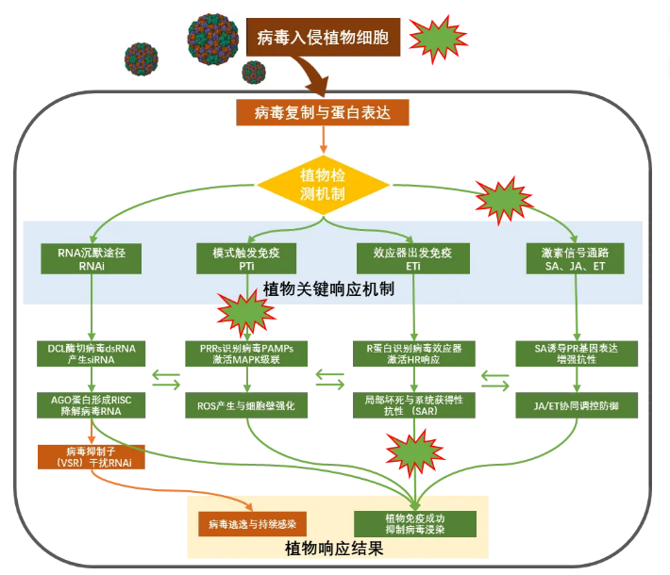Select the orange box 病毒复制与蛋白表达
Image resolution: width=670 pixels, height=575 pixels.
(324, 113)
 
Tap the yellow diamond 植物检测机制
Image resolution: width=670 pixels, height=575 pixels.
(324, 183)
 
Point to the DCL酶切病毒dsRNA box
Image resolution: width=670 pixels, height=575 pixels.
(92, 353)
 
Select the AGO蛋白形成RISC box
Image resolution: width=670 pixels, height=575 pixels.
(92, 404)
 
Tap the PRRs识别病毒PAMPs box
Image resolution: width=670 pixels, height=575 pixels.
(247, 353)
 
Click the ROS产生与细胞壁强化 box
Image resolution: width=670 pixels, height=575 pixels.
(247, 404)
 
